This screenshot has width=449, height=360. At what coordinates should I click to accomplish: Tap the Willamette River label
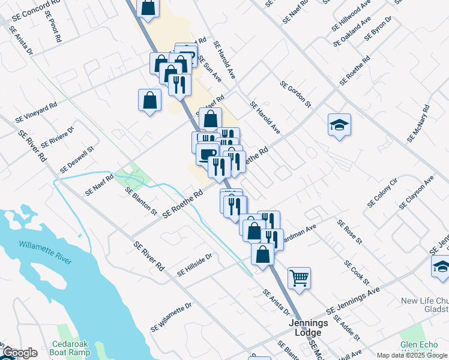[x=45, y=253]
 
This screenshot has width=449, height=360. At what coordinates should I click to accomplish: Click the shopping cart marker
[x=299, y=277]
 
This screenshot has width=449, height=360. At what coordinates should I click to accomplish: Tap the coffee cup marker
[x=207, y=154]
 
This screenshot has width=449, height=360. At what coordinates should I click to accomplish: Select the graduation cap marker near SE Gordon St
[x=339, y=125]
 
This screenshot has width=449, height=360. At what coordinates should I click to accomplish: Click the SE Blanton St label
[x=141, y=202]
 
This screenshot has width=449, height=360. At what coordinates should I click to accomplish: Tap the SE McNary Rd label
[x=418, y=124]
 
